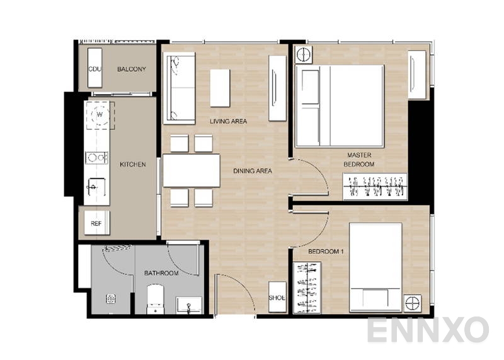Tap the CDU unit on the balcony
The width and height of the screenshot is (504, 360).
(x=95, y=69)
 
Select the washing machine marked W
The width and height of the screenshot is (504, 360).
(x=98, y=115)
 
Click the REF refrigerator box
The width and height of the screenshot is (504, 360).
(x=96, y=223)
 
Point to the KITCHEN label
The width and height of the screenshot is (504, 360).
(x=132, y=165)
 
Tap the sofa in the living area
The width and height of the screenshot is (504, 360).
(x=180, y=88)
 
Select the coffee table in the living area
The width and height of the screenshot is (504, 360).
(x=220, y=88)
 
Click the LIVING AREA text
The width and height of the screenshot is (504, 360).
(x=228, y=121)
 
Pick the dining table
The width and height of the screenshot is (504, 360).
(x=191, y=170)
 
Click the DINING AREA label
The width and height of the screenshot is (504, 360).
(x=252, y=171)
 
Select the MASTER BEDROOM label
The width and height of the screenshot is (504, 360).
(x=358, y=160)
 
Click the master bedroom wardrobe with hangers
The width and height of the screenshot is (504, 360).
(x=375, y=187)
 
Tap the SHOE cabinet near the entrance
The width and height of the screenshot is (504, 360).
(x=277, y=298)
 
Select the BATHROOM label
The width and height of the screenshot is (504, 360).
(x=161, y=273)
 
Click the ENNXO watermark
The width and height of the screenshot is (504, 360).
(x=428, y=330)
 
